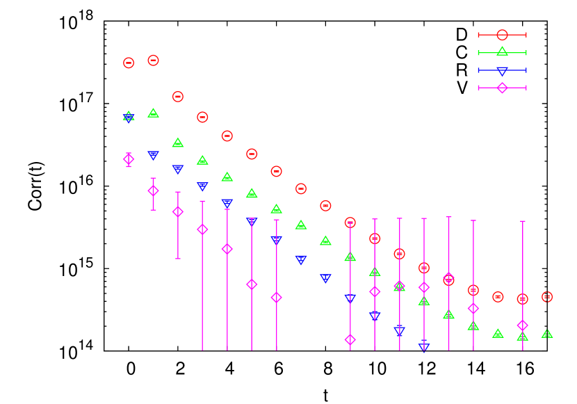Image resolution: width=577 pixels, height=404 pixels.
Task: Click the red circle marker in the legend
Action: (502, 35)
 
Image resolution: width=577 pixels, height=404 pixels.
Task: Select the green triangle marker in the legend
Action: (502, 51)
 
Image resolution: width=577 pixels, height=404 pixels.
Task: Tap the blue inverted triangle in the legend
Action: (502, 70)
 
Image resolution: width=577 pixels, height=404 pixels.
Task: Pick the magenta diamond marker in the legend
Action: (502, 88)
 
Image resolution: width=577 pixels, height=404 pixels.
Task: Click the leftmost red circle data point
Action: (129, 63)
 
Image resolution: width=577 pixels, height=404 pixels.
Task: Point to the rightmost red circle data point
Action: (547, 297)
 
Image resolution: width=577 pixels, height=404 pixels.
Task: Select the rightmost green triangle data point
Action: (547, 334)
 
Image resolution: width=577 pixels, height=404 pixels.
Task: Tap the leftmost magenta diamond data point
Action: (129, 159)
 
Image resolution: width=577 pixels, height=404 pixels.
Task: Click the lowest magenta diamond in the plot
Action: (350, 339)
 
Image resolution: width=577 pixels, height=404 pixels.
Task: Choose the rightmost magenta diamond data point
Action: (523, 325)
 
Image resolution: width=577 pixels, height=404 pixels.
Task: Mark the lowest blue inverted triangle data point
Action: (424, 346)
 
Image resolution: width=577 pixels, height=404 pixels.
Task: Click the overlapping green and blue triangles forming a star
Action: (129, 117)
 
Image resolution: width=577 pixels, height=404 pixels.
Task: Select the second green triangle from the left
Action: (153, 113)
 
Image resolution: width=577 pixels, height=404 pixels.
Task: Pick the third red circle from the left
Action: (178, 97)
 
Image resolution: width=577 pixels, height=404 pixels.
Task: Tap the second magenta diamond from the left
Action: (153, 191)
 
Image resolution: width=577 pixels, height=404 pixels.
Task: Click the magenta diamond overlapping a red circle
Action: (448, 278)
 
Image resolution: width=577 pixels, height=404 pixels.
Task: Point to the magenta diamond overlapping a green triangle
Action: (400, 285)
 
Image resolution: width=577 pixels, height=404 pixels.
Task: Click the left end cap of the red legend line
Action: (478, 35)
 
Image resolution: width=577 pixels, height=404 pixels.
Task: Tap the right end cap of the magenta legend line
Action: (526, 88)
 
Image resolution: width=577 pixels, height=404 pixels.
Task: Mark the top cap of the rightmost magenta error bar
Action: (523, 221)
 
